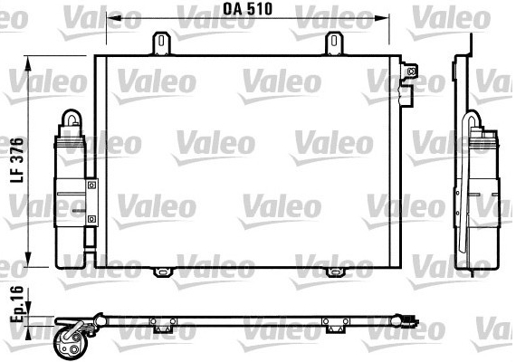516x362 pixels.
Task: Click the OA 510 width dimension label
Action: point(248,9)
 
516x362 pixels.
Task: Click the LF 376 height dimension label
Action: point(17,160)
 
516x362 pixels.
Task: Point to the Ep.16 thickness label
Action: point(17,304)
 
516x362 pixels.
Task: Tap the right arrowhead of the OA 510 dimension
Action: point(382,18)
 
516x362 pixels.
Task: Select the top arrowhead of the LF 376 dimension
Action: point(28,63)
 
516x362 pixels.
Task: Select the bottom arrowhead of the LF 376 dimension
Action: point(28,260)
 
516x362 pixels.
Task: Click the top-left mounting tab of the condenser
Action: point(161,43)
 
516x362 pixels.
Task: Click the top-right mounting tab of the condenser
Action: point(334,43)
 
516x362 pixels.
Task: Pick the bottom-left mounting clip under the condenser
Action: point(163,272)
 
